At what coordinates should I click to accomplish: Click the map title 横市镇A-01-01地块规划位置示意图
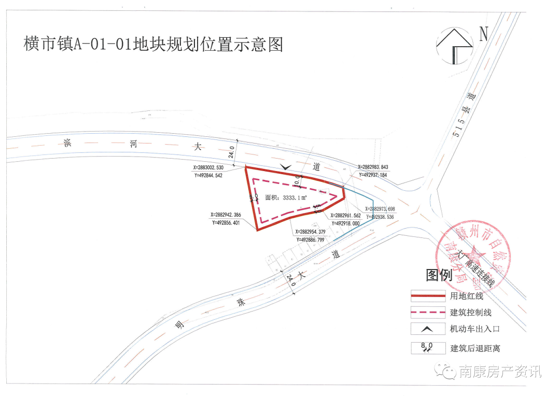pos(153,45)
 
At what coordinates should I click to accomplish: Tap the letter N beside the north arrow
pos(484,34)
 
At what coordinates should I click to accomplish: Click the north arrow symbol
pos(454,44)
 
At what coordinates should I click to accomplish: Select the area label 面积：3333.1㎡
pos(286,197)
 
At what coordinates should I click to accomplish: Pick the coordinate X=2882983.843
pos(372,167)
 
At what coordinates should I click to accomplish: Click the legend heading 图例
pos(439,275)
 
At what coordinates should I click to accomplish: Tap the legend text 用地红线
pos(467,296)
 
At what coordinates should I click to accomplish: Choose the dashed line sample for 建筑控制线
pos(428,313)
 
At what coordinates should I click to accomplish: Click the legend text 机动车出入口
pos(474,329)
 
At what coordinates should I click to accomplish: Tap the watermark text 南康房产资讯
pos(500,372)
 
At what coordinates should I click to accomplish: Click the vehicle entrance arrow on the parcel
pos(285,166)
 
